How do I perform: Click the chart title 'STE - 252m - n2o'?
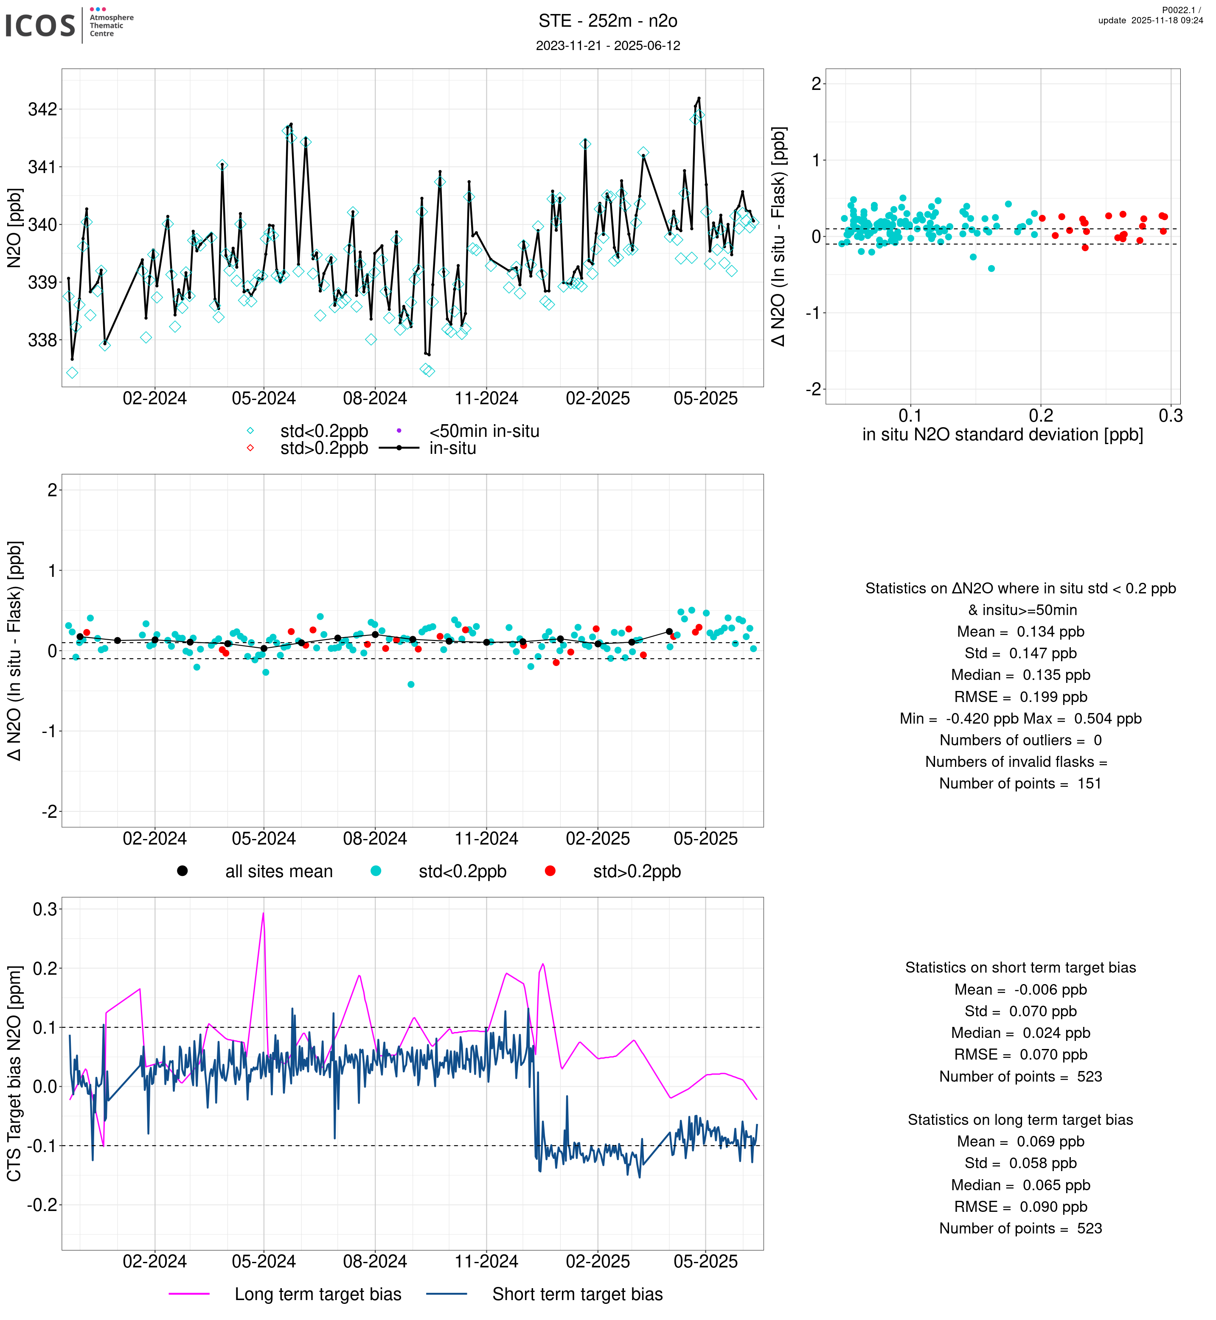[607, 21]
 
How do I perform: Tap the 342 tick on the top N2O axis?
[42, 109]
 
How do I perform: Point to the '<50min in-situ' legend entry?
[483, 431]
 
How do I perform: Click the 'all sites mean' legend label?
[278, 872]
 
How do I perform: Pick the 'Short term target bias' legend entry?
[577, 1295]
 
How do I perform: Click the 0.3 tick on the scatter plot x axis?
[1170, 416]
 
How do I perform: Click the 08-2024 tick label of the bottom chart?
[375, 1261]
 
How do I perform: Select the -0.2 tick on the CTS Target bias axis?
[42, 1205]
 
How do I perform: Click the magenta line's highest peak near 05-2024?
[263, 914]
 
